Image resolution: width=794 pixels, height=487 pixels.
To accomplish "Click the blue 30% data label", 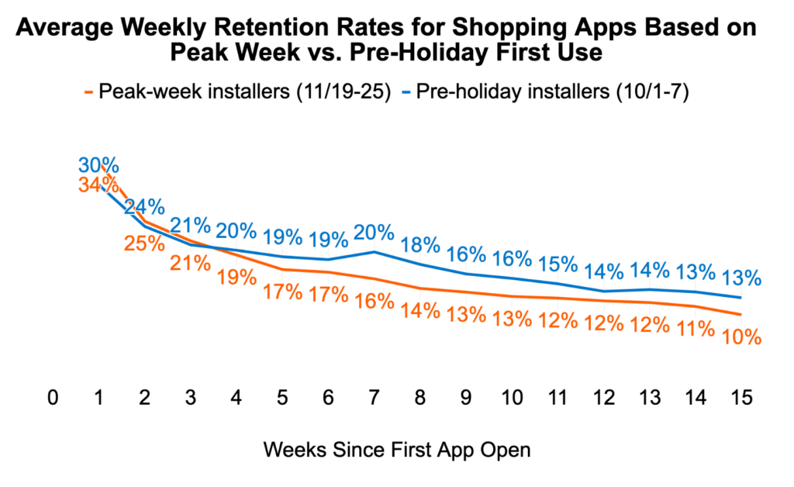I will click(98, 165).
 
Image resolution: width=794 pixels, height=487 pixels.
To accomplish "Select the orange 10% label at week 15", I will click(741, 339).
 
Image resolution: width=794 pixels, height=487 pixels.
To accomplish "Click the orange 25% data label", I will click(145, 243).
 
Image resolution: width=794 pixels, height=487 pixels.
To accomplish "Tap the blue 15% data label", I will click(558, 264).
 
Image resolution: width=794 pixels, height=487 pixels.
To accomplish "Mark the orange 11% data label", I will click(695, 330).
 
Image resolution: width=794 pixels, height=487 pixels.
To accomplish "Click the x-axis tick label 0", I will click(53, 398).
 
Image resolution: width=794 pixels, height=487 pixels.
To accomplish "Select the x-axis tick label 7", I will click(374, 398).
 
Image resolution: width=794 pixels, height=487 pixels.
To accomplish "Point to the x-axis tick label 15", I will click(741, 398).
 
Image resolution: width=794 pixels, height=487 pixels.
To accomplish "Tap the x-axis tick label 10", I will click(512, 398).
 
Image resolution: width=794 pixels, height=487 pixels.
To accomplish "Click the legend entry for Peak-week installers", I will click(241, 92).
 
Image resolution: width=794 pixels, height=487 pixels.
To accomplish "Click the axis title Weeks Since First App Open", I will click(397, 451).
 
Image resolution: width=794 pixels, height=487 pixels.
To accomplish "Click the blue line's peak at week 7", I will click(375, 251).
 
